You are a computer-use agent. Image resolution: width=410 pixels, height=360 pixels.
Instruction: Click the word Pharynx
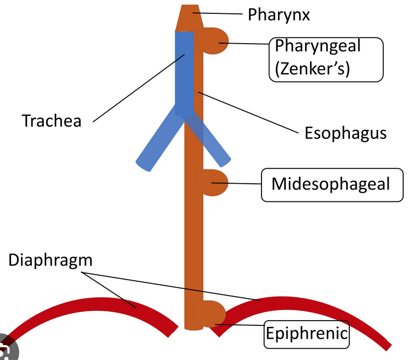[x=278, y=14]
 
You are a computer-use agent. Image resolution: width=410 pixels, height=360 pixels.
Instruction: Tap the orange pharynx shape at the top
[x=189, y=19]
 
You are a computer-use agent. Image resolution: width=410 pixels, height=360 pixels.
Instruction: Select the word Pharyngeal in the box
[x=317, y=46]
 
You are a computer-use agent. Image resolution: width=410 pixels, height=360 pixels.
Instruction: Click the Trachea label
[x=52, y=121]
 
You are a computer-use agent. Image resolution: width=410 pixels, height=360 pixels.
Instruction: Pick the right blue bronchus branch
[x=213, y=141]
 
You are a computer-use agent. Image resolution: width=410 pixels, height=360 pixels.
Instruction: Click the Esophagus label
[x=345, y=133]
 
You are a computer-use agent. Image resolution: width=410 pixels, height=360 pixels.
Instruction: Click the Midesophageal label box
[x=331, y=184]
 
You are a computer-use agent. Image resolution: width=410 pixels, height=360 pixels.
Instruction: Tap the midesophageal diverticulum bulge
[x=214, y=182]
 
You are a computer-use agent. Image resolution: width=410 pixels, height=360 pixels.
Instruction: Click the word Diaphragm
[x=51, y=260]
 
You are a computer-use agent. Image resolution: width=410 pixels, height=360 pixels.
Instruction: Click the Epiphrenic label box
[x=307, y=334]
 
